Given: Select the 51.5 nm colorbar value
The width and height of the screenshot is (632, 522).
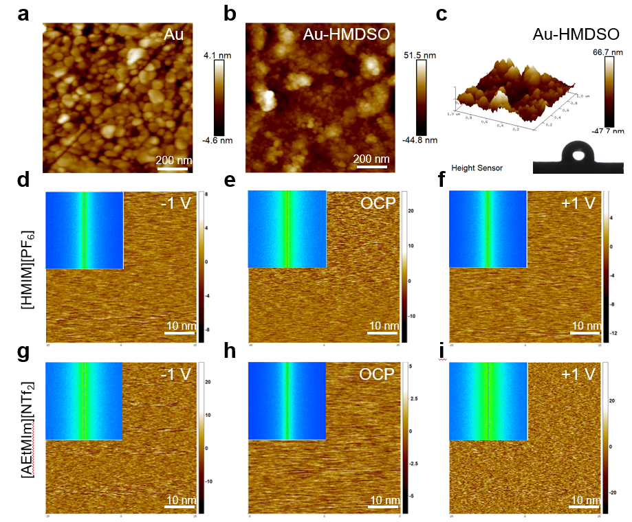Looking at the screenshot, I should click(421, 54).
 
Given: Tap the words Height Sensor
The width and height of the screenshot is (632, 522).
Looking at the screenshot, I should click(477, 167).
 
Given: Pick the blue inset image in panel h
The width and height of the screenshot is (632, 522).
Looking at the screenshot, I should click(286, 400).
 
